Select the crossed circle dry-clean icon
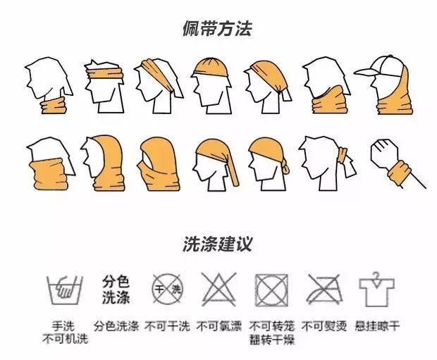167,288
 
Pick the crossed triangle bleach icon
218,288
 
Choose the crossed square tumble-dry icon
271,290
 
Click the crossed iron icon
323,290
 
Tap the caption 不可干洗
167,327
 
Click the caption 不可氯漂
218,327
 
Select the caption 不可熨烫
323,327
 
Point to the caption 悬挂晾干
376,327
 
